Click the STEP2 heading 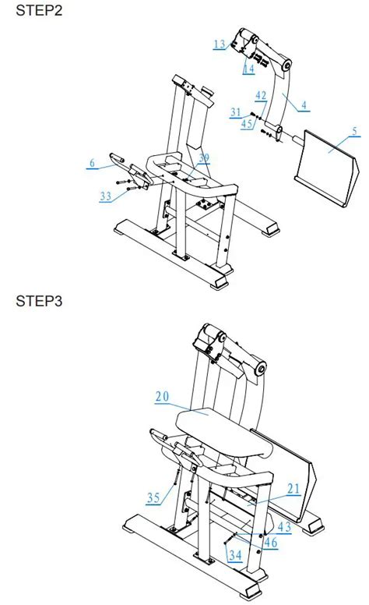tap(35, 12)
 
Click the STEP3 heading tap(35, 302)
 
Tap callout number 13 tap(220, 44)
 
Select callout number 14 tap(248, 69)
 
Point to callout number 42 tap(261, 95)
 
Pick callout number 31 tap(236, 112)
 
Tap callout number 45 tap(247, 122)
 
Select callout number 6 tap(92, 163)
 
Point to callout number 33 tap(106, 196)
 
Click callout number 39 tap(203, 159)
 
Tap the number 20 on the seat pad tap(162, 397)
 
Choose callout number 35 tap(153, 496)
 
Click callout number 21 tap(293, 488)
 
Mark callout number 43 tap(285, 528)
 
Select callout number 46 tap(270, 541)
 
